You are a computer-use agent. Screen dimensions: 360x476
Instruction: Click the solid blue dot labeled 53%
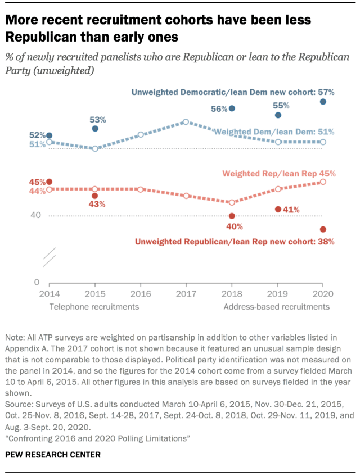click(95, 129)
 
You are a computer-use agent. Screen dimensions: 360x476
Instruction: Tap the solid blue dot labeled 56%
click(232, 108)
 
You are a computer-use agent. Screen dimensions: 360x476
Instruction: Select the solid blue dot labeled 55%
click(278, 115)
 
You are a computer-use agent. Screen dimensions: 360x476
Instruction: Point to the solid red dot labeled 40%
click(232, 216)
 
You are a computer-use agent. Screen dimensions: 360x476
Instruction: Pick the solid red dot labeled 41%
click(278, 209)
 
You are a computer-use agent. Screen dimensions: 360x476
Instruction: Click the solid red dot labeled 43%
click(95, 196)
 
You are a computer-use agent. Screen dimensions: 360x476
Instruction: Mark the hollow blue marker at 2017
click(186, 122)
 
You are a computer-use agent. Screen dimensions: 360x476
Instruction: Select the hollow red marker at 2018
click(232, 202)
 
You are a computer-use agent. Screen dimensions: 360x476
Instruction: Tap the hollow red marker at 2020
click(323, 182)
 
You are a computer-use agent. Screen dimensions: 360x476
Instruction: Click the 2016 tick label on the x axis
click(141, 294)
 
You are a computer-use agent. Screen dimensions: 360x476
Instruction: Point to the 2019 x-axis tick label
click(277, 294)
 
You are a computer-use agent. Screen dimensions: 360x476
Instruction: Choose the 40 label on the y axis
click(35, 215)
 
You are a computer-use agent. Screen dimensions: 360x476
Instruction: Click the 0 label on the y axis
click(37, 282)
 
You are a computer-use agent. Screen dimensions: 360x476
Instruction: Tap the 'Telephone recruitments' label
click(94, 307)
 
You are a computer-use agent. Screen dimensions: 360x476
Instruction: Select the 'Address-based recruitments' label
click(277, 307)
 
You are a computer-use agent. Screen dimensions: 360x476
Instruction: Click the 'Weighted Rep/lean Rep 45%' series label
click(279, 174)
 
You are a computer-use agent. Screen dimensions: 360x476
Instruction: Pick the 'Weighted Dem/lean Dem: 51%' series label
click(274, 132)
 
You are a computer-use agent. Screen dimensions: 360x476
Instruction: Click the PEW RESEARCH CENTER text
click(53, 455)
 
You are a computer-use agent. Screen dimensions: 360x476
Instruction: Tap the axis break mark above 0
click(49, 257)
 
